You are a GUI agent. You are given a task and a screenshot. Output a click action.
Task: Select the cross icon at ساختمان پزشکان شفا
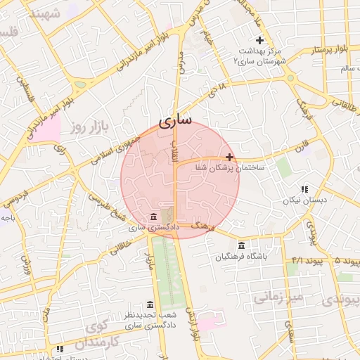(229, 157)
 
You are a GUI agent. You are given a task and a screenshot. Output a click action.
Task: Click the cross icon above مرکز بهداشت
(260, 39)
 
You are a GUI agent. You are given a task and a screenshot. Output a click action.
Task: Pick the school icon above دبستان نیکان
(304, 189)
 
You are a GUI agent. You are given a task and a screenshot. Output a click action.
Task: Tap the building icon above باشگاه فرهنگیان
(242, 245)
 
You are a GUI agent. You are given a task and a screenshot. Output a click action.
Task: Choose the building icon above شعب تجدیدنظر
(150, 304)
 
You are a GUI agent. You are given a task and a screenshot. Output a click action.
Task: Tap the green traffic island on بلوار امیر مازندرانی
(81, 84)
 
